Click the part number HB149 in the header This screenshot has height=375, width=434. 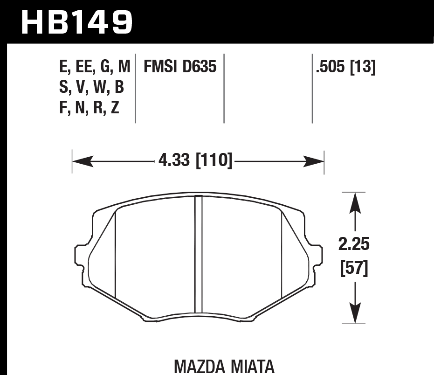pyautogui.click(x=77, y=22)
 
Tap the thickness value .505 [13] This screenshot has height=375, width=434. pyautogui.click(x=345, y=67)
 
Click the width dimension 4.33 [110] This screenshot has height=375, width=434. pyautogui.click(x=195, y=161)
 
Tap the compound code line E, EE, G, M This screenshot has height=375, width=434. pyautogui.click(x=95, y=67)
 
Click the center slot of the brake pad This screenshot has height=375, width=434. pyautogui.click(x=198, y=254)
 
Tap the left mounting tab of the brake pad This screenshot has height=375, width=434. pyautogui.click(x=80, y=265)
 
